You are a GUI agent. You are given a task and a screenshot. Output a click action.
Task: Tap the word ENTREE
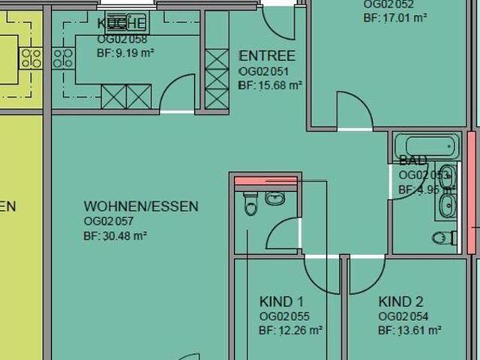coord(266,56)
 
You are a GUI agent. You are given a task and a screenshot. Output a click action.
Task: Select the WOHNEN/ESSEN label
coord(141,206)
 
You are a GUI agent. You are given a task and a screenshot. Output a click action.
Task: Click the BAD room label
coord(413,161)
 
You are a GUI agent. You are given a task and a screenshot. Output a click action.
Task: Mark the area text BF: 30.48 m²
coord(115,235)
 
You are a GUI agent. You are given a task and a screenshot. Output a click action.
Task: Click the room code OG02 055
coord(284,316)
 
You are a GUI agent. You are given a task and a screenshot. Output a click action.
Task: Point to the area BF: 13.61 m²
coord(409,330)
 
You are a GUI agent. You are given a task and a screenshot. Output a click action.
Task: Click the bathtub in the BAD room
coord(424,145)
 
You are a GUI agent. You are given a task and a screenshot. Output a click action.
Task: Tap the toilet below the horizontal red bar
coord(250,203)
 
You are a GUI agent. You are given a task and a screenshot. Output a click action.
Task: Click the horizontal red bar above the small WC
coord(266,180)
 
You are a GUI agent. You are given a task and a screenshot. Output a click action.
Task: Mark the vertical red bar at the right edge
coord(472,180)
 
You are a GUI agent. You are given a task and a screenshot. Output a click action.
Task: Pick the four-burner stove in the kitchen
coord(62,58)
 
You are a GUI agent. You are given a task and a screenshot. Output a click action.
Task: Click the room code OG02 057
coord(109,220)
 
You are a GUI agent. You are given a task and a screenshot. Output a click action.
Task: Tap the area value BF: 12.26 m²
coord(290,330)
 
